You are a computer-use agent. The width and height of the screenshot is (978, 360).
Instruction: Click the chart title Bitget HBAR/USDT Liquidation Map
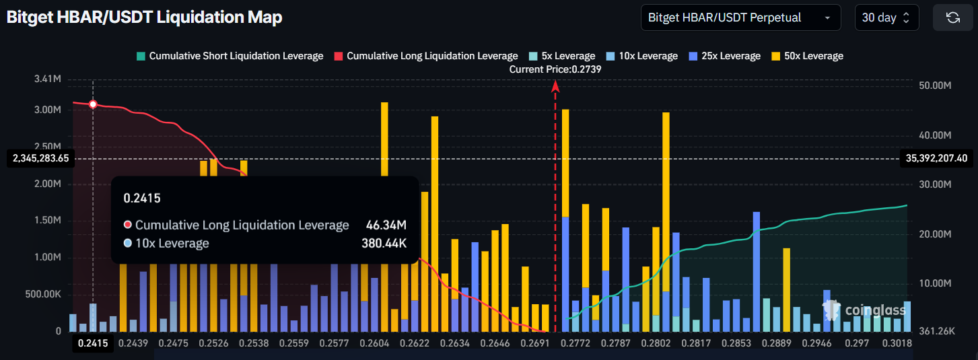coord(144,18)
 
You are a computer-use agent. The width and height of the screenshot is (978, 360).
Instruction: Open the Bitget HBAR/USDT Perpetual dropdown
coord(740,17)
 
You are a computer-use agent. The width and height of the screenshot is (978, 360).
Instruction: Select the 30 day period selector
coord(886,17)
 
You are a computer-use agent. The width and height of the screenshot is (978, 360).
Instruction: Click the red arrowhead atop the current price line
coord(555,85)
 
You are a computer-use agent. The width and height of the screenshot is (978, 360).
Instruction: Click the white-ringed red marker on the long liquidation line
coord(93,104)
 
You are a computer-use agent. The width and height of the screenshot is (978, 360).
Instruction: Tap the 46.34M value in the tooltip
coord(386,225)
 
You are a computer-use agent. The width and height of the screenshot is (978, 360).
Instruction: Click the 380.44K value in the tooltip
coord(384,243)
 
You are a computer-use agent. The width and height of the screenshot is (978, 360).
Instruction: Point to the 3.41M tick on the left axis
coord(47,79)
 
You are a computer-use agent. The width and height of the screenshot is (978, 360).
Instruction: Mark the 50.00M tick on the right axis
coord(933,85)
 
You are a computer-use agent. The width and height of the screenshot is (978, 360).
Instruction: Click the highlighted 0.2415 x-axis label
coord(93,343)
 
